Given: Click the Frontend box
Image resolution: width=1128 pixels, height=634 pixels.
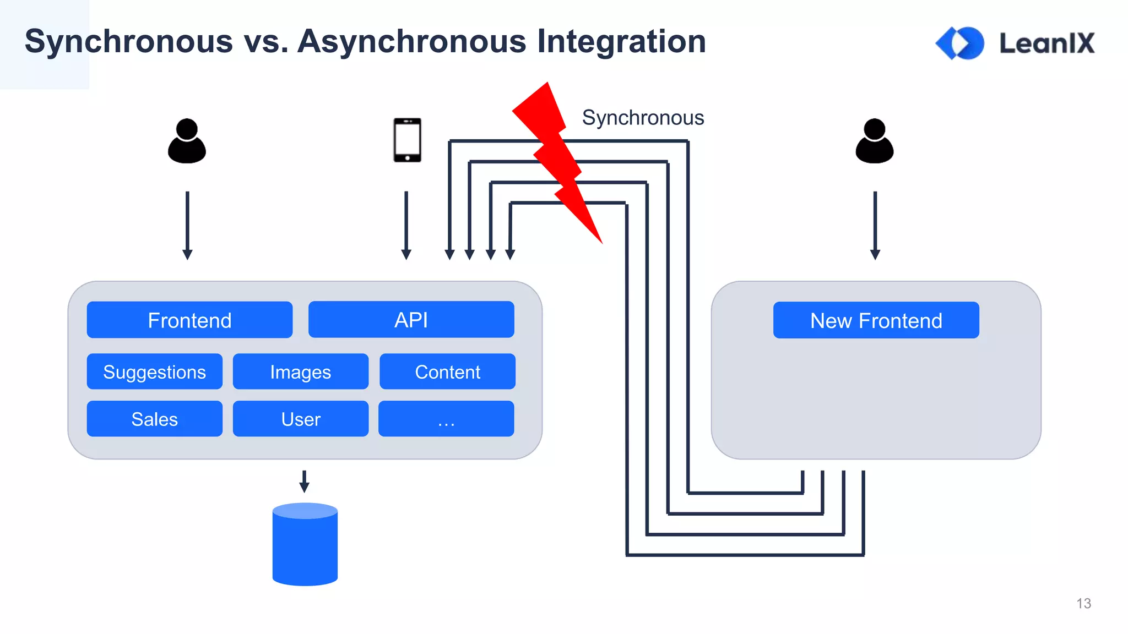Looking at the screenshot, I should [189, 320].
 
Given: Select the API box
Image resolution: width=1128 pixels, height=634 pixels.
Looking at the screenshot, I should [411, 319].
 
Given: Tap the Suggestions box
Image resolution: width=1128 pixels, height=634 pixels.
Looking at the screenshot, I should [154, 371].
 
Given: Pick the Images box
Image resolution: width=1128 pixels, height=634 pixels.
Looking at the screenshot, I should [300, 371].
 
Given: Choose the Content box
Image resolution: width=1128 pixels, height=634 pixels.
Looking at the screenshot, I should [447, 371].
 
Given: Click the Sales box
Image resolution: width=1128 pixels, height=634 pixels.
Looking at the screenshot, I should [154, 419].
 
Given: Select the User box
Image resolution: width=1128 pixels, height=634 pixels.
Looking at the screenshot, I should [300, 419].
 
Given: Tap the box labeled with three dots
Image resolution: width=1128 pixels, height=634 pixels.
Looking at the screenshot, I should [446, 419].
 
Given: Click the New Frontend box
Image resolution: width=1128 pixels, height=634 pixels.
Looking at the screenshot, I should [876, 320].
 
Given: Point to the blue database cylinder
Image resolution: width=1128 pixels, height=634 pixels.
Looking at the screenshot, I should [305, 545].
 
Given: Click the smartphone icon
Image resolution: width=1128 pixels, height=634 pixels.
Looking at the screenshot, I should [407, 140].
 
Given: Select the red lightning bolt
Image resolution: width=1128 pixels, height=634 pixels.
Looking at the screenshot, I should [556, 160].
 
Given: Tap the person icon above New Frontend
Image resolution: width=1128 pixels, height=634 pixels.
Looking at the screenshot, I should [874, 141].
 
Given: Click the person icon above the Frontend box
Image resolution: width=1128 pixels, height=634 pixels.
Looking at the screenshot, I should [187, 141].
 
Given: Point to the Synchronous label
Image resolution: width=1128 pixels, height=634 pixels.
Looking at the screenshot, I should [643, 118].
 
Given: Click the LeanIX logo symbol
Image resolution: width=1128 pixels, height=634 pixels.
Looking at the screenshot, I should [960, 43].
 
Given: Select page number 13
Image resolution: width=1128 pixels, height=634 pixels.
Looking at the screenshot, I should [1083, 603].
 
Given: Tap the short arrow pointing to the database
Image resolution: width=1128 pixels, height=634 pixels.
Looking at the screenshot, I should [304, 481].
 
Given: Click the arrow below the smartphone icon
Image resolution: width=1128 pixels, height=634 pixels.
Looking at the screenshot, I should [406, 225].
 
